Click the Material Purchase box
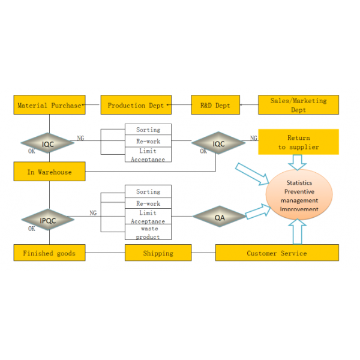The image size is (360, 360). click(49, 104)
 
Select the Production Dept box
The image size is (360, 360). click(136, 104)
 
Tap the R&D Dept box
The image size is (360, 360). click(215, 104)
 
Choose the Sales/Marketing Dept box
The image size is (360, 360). click(298, 104)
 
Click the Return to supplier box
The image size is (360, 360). click(298, 142)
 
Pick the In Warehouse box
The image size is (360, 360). click(49, 171)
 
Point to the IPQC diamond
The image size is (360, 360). click(48, 220)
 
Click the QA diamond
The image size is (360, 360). click(219, 216)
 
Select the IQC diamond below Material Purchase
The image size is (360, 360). click(47, 143)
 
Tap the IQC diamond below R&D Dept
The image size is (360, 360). click(218, 143)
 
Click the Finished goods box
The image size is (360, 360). click(49, 253)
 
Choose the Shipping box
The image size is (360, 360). click(158, 253)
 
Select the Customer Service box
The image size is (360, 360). click(277, 253)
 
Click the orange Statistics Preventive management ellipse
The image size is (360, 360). click(299, 194)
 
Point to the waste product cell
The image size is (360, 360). click(148, 232)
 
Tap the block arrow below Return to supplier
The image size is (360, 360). click(298, 163)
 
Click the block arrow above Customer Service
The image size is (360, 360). click(298, 232)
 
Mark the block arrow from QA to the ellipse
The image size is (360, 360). click(258, 211)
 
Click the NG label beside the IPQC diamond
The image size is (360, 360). click(93, 213)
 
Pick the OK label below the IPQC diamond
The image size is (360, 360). click(32, 229)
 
